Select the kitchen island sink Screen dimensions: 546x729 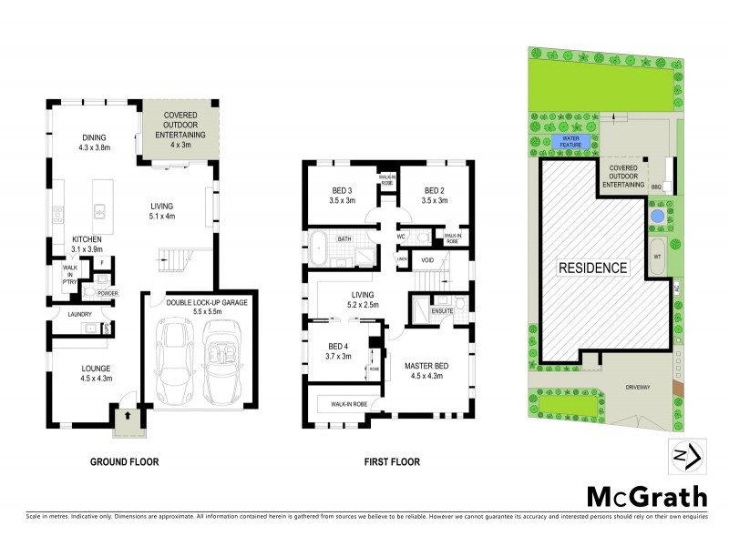point(103,212)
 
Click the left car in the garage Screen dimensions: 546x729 point(176,361)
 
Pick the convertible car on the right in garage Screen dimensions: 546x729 point(222,361)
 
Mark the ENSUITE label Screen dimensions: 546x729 point(444,310)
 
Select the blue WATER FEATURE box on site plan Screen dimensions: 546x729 point(570,142)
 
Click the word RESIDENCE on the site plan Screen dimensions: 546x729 point(592,268)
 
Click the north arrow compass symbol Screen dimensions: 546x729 point(683,456)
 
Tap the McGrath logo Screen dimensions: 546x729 point(645,496)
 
